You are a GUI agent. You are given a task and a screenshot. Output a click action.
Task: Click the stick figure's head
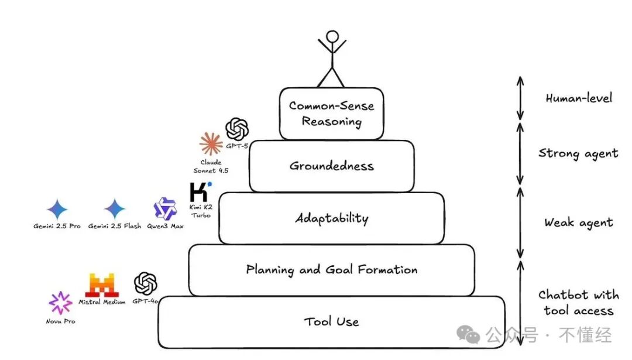(x=332, y=37)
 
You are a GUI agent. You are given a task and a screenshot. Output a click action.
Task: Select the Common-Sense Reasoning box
(x=332, y=114)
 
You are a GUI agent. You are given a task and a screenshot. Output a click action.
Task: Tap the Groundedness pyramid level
(x=332, y=166)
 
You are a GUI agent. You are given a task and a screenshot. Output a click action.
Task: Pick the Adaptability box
(x=332, y=218)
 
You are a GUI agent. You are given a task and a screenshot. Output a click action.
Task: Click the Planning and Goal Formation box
(x=332, y=270)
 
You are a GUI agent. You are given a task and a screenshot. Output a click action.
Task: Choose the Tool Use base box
(x=332, y=321)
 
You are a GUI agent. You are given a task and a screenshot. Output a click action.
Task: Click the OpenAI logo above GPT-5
(x=237, y=128)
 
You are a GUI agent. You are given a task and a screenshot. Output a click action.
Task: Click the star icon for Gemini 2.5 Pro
(x=57, y=209)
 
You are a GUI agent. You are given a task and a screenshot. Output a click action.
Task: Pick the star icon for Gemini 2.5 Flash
(x=115, y=209)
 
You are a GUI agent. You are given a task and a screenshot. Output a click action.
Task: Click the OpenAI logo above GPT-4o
(x=146, y=284)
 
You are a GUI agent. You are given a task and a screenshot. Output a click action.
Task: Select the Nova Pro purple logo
(x=60, y=303)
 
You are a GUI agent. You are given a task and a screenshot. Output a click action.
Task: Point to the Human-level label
(x=579, y=98)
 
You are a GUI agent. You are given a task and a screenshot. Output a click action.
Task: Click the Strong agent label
(x=578, y=153)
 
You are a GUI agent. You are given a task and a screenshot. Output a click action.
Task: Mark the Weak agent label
(x=578, y=222)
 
